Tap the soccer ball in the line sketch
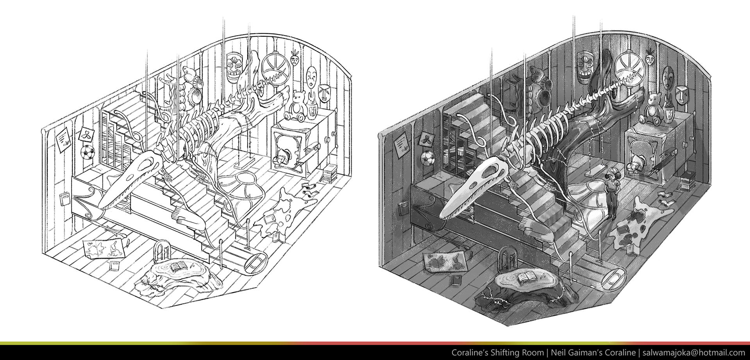pos(87,152)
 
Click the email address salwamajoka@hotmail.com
pos(694,353)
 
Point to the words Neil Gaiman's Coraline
pos(593,353)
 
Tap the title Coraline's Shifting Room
pos(497,353)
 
